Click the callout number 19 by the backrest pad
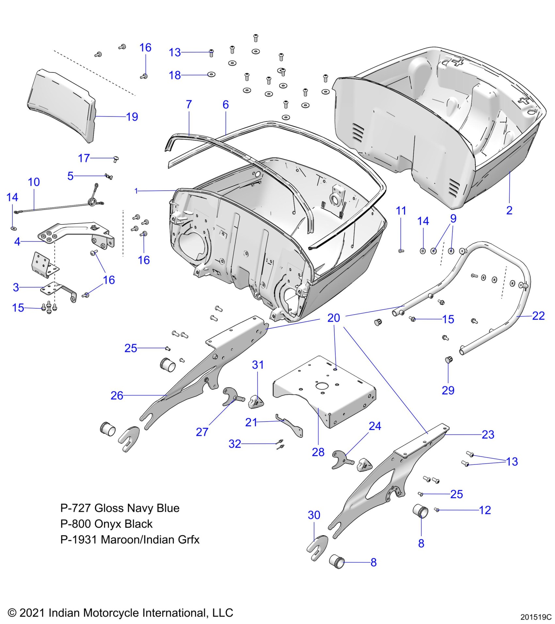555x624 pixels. [132, 117]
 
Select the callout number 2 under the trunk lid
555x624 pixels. [509, 211]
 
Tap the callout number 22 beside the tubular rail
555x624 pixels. [538, 316]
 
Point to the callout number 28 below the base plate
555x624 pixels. [318, 452]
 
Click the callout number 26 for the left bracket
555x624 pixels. [117, 396]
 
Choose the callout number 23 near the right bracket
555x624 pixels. [488, 434]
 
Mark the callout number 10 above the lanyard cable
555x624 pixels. [34, 182]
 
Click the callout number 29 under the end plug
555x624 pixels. [448, 390]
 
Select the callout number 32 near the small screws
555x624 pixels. [235, 444]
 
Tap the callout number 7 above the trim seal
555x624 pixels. [189, 104]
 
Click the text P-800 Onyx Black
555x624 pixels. [106, 524]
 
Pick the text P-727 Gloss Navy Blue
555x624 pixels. [120, 508]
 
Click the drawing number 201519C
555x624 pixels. [536, 617]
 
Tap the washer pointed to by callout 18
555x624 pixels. [212, 75]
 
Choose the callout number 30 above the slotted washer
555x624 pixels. [314, 515]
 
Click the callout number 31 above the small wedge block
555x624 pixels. [258, 365]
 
